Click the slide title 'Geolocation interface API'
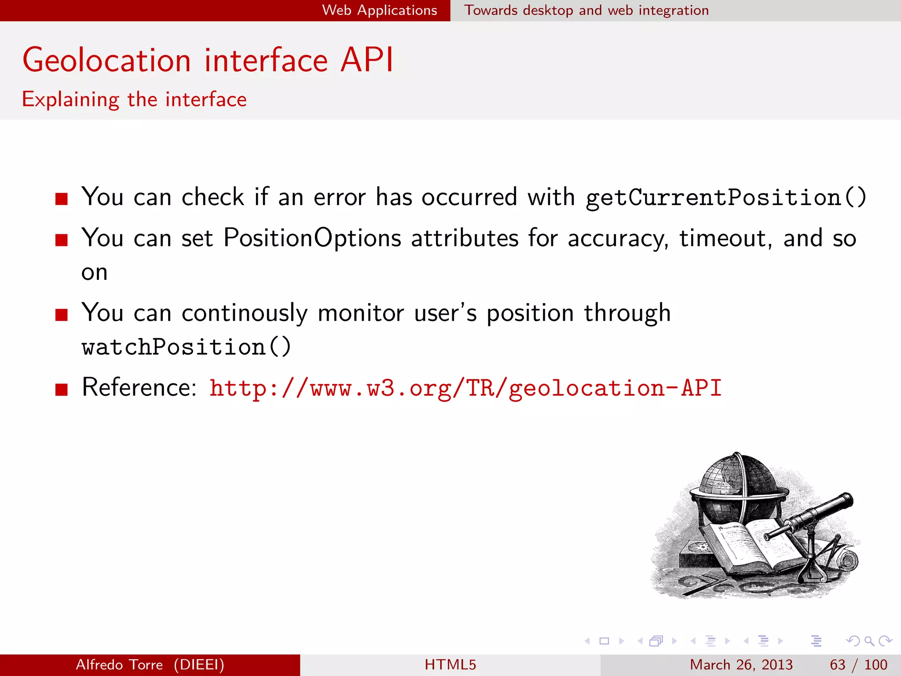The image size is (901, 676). (x=208, y=60)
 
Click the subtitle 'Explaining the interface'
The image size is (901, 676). (x=134, y=99)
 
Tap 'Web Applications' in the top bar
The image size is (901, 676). (x=379, y=10)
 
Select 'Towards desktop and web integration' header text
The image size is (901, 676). (x=586, y=10)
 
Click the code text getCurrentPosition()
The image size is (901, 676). (x=725, y=198)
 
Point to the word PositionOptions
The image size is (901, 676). (x=312, y=238)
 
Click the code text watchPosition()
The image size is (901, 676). (x=186, y=347)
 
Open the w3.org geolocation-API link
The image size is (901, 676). (x=465, y=388)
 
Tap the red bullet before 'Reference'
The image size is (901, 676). (x=62, y=389)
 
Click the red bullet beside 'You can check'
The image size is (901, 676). (x=62, y=199)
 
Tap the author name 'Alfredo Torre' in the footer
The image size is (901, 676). (x=119, y=665)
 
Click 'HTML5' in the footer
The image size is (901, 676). (x=450, y=665)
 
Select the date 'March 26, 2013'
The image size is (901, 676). (x=741, y=665)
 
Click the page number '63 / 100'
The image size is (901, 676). (x=858, y=665)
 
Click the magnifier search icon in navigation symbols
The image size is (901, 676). (x=869, y=641)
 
